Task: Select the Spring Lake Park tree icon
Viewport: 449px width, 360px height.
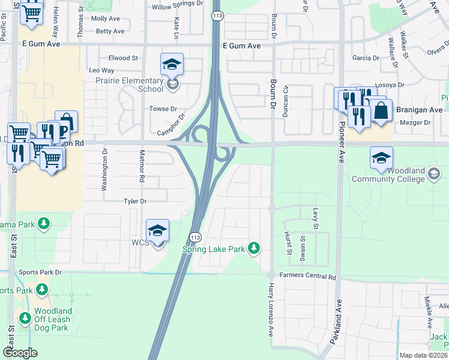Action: (255, 248)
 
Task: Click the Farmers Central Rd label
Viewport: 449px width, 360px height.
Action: (307, 277)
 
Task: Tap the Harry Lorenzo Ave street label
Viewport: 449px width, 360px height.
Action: (271, 310)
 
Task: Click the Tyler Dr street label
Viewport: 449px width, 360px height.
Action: (135, 201)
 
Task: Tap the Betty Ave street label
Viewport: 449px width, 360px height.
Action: (110, 31)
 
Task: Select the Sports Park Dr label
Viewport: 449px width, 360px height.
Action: (41, 272)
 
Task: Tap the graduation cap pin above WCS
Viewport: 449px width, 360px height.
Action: (157, 230)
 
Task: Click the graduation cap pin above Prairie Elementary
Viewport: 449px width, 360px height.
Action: (172, 64)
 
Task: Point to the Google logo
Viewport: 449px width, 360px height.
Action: (20, 352)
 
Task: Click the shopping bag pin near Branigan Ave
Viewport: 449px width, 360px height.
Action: (381, 111)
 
